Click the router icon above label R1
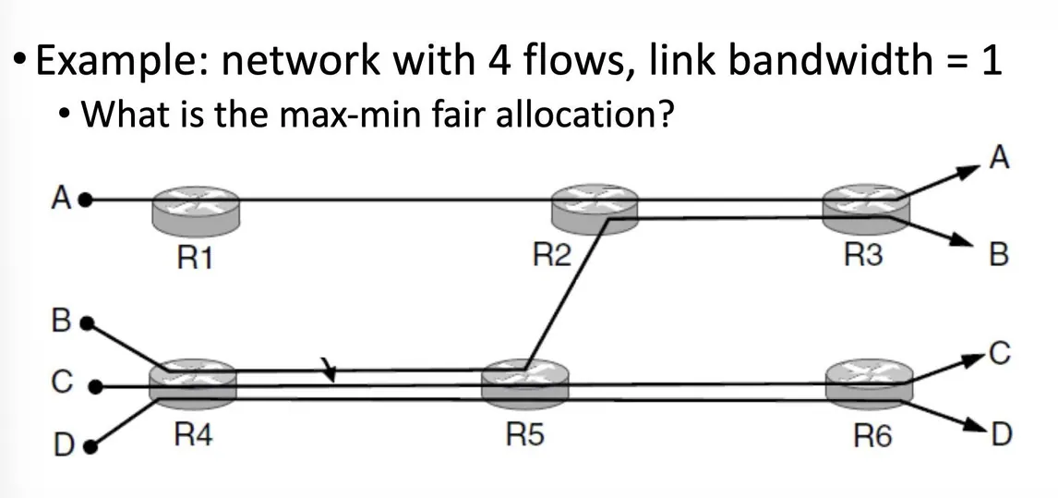(196, 207)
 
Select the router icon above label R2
(595, 207)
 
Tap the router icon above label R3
(864, 207)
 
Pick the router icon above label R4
(193, 383)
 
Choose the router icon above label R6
(868, 383)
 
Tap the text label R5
(524, 436)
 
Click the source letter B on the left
(61, 323)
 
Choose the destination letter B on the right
(998, 253)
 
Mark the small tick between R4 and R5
(329, 371)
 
